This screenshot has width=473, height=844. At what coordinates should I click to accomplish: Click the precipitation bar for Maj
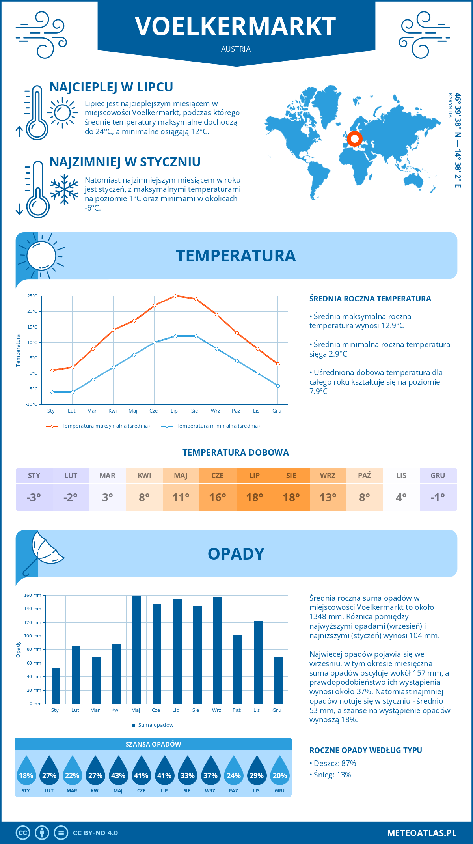[137, 650]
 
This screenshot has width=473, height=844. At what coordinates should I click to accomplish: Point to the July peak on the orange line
[175, 296]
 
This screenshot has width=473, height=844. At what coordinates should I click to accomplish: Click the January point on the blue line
[52, 392]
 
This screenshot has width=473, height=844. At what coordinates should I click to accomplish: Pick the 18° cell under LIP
[255, 497]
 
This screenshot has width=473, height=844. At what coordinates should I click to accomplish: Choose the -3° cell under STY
[34, 497]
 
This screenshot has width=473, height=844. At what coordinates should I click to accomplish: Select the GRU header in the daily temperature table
[438, 475]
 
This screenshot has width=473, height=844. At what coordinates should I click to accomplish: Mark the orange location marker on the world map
[354, 139]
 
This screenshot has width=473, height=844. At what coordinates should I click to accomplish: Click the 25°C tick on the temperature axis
[32, 296]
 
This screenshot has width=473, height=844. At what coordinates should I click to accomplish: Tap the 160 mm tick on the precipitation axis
[33, 595]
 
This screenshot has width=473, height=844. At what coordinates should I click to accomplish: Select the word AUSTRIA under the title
[236, 49]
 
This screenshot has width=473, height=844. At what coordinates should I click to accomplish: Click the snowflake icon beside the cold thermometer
[64, 189]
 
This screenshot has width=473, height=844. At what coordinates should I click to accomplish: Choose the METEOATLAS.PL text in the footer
[422, 833]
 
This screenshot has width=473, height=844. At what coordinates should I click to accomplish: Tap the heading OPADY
[236, 554]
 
